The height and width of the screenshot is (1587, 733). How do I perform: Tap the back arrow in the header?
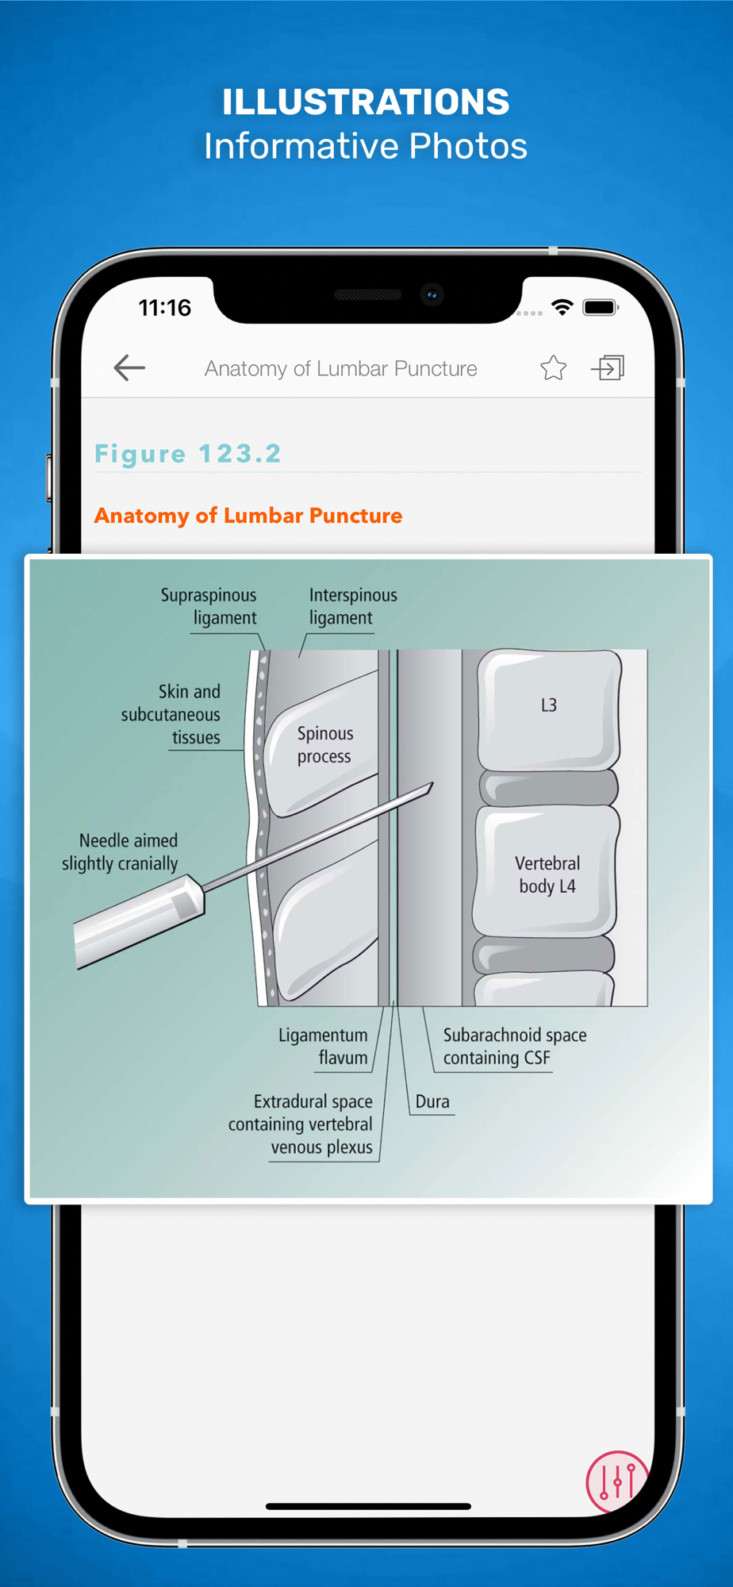(129, 367)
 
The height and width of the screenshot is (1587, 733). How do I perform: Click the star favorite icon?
(553, 367)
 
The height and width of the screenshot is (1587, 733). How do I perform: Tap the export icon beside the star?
(608, 367)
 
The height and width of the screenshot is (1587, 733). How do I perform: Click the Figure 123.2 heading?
(188, 453)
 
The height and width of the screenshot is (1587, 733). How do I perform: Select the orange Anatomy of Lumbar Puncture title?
(248, 516)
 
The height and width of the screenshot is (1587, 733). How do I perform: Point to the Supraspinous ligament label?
(209, 606)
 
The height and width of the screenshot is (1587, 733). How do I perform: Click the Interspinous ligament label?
(353, 606)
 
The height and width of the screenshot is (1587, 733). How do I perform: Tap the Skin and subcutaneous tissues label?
(171, 714)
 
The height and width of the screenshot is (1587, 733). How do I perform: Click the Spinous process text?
(325, 744)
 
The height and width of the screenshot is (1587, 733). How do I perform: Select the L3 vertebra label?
(549, 705)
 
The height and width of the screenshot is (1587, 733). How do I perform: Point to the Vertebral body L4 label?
(547, 874)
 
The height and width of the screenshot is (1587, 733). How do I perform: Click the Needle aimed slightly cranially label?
(120, 851)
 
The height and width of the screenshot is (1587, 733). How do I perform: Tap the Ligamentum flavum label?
(323, 1046)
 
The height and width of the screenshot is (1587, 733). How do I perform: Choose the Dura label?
(432, 1101)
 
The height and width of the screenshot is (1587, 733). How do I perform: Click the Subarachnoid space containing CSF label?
(515, 1046)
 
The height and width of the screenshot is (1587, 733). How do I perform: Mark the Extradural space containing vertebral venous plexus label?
(300, 1124)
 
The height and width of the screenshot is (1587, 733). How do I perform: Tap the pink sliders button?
(617, 1481)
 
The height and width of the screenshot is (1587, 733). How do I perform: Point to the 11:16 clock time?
(165, 307)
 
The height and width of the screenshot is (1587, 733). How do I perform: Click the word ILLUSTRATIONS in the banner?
(366, 102)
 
